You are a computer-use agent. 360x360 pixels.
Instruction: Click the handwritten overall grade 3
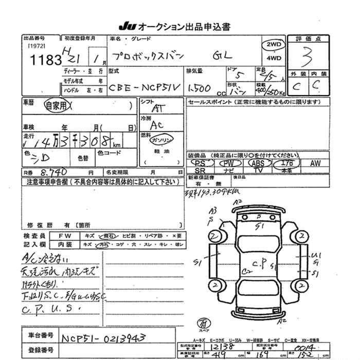(x=307, y=56)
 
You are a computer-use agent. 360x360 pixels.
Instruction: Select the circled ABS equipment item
(x=257, y=163)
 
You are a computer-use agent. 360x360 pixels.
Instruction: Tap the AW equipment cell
(x=315, y=163)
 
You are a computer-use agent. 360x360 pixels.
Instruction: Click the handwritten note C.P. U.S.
(x=52, y=309)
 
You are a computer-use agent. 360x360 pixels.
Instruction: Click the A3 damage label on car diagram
(x=212, y=210)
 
